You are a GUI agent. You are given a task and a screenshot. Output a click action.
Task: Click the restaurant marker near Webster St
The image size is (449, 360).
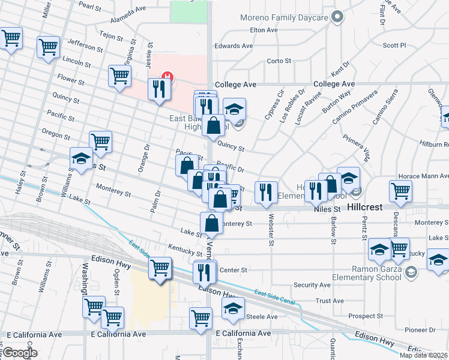264,192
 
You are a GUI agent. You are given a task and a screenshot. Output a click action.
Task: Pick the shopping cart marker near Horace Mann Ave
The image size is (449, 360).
400,191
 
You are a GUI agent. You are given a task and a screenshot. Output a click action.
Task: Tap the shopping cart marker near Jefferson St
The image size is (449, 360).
48,46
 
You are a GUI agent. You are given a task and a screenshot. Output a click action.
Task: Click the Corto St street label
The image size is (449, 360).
279,61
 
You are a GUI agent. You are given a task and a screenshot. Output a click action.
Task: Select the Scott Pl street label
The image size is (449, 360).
394,45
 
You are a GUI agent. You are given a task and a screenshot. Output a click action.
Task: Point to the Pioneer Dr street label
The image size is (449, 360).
420,329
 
